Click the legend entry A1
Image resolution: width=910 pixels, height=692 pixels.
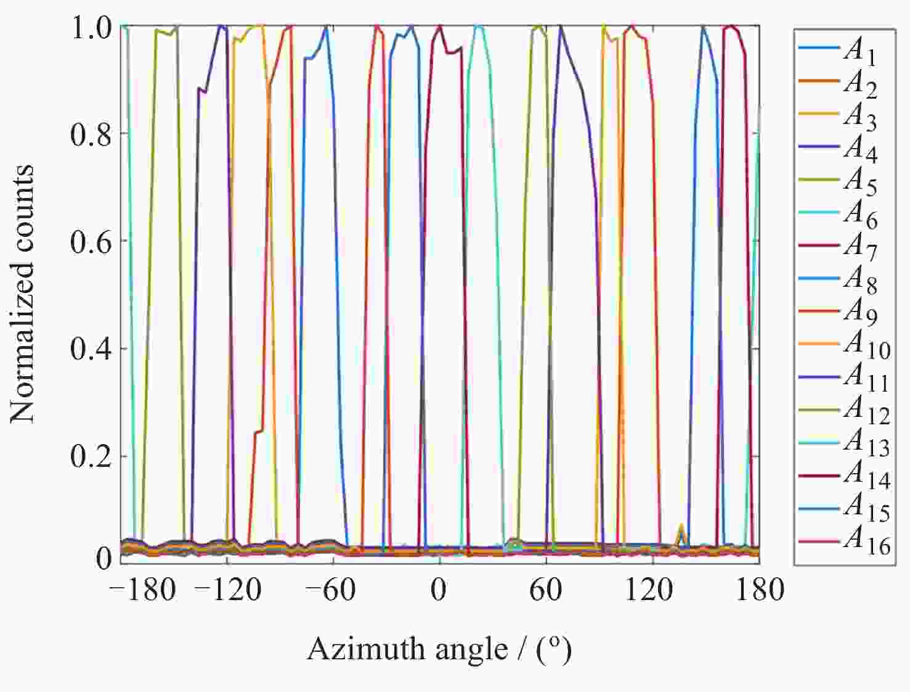click(859, 51)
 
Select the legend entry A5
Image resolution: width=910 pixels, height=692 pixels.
click(859, 181)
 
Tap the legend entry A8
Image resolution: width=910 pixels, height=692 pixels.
click(859, 280)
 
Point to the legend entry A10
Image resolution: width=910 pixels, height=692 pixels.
click(866, 345)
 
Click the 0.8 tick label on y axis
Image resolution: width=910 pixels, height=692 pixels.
click(91, 134)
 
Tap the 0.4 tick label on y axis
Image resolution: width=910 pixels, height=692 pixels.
click(91, 349)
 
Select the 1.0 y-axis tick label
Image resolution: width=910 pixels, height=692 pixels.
click(91, 28)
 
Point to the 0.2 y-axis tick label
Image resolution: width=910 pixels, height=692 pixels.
click(91, 457)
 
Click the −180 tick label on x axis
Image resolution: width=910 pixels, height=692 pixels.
click(142, 590)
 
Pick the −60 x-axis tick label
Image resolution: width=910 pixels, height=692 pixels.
click(330, 590)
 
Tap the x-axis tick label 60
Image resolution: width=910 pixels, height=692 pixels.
click(545, 590)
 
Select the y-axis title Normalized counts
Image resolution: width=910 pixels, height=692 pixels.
click(23, 294)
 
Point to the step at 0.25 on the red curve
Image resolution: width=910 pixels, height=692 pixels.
click(259, 431)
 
